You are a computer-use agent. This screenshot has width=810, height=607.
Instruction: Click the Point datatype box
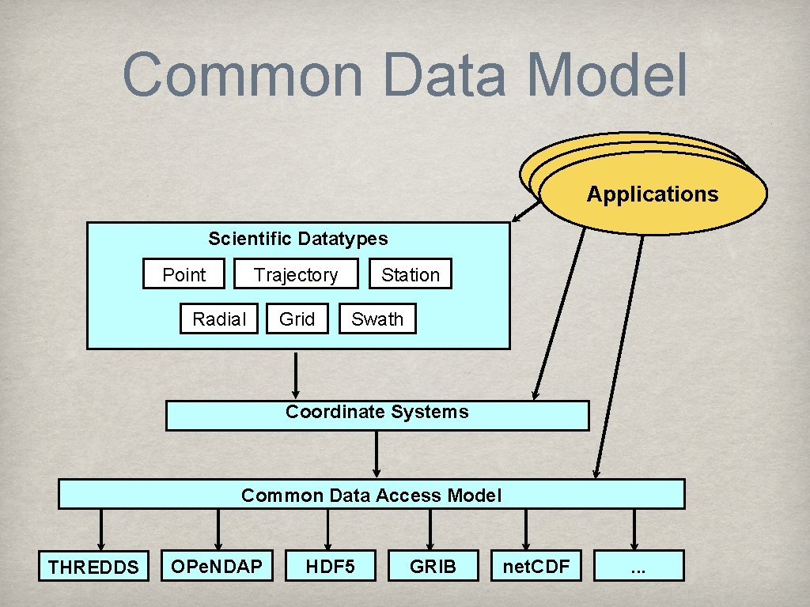click(x=184, y=274)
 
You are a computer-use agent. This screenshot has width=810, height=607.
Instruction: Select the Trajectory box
click(x=296, y=274)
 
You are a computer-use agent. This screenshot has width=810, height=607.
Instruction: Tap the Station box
click(x=410, y=274)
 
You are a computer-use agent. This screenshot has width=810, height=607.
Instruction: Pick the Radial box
click(x=219, y=319)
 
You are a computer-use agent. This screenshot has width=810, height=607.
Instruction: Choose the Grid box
click(x=297, y=319)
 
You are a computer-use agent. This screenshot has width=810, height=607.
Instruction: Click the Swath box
click(x=377, y=319)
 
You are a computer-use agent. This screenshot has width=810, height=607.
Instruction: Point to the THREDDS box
click(x=93, y=566)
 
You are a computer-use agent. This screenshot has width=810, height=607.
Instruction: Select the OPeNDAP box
click(x=218, y=565)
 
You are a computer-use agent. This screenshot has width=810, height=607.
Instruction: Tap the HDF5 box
click(x=330, y=565)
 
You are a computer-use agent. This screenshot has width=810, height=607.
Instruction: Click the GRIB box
click(x=433, y=565)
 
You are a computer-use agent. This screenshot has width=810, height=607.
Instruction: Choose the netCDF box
click(x=536, y=565)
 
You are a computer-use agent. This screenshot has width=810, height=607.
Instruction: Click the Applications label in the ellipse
click(x=653, y=194)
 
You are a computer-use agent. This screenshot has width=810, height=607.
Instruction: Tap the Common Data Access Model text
click(x=371, y=495)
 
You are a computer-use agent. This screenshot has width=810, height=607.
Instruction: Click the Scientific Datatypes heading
click(x=298, y=238)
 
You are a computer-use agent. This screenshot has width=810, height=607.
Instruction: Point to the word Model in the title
click(x=607, y=75)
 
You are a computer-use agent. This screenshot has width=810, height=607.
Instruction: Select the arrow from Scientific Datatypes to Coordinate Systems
click(x=296, y=375)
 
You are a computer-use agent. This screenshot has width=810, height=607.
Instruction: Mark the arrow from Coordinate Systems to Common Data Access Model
click(x=377, y=454)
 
